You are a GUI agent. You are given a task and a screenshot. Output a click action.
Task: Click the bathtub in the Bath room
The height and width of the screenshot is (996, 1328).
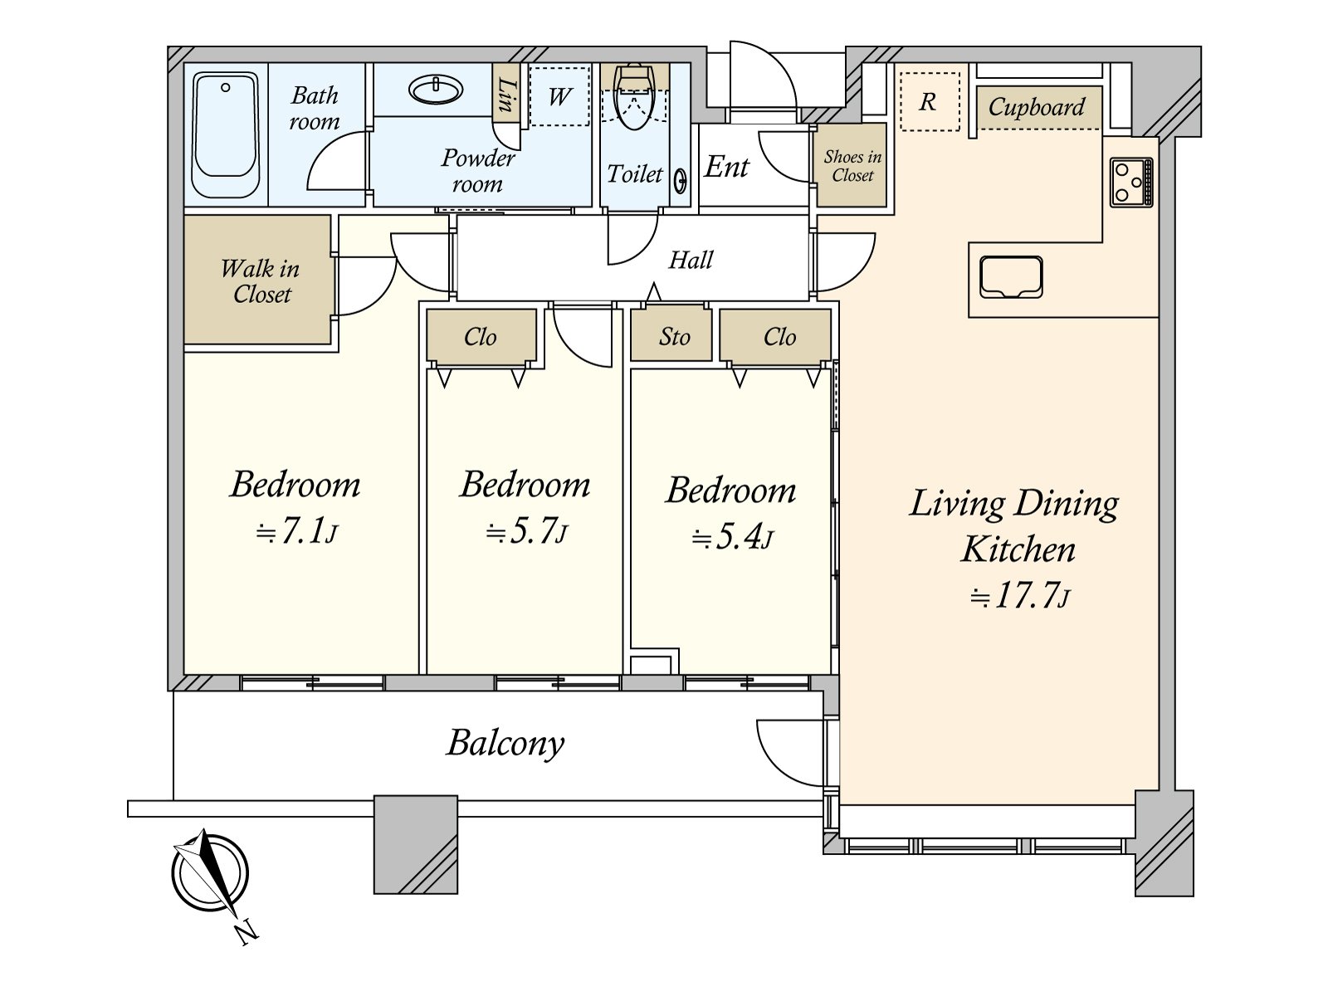(226, 134)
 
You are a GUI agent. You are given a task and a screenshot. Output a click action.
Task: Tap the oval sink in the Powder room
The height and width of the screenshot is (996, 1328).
(436, 90)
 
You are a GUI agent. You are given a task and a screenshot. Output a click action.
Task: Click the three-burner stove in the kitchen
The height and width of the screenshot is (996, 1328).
(1130, 182)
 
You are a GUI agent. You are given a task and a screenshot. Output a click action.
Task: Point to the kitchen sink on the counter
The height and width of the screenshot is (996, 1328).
(1011, 277)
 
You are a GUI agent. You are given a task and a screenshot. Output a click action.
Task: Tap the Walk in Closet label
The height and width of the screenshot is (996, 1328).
(260, 281)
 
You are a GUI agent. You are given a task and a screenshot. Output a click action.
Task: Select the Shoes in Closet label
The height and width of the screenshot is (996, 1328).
(852, 166)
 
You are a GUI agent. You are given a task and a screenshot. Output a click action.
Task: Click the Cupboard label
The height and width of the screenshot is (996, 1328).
(1037, 108)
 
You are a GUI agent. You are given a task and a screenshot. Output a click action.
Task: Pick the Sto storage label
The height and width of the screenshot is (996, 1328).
(674, 337)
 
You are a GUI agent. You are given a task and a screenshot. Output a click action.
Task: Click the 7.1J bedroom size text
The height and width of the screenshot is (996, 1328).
(296, 531)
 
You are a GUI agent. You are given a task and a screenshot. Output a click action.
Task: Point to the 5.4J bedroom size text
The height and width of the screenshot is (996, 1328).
(733, 538)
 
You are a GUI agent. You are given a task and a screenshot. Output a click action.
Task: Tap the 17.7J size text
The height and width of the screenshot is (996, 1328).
(1019, 595)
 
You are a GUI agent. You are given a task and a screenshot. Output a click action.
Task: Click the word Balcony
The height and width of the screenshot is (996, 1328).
(505, 743)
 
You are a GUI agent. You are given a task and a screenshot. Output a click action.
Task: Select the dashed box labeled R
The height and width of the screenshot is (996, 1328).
(930, 101)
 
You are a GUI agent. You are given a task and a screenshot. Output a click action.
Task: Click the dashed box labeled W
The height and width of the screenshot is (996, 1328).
(559, 96)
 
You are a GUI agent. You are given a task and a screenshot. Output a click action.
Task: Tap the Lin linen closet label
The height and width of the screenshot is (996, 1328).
(507, 95)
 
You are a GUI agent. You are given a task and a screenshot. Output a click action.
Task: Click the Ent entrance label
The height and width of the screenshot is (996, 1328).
(726, 167)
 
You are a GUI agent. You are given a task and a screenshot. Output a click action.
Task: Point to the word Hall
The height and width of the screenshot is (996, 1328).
(691, 260)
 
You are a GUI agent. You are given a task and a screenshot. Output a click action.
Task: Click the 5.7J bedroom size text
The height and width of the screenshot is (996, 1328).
(526, 531)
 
